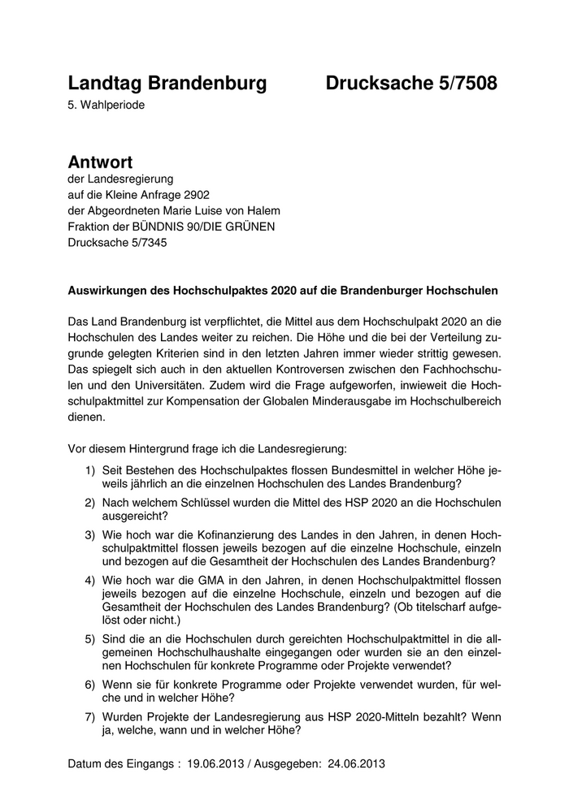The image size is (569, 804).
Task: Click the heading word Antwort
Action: tap(100, 162)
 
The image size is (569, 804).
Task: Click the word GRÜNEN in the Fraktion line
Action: tap(251, 227)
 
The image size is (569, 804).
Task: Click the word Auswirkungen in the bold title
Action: tap(108, 290)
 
